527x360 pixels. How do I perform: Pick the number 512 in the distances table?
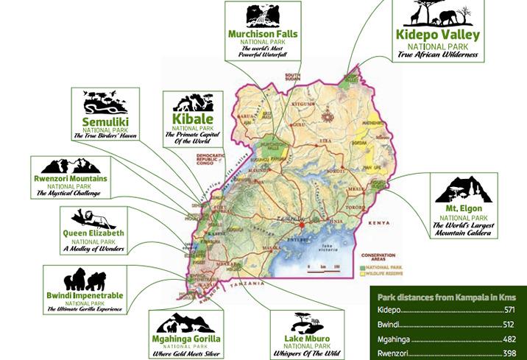click(509, 325)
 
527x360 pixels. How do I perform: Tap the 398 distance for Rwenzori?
click(509, 353)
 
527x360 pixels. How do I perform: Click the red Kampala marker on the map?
click(301, 220)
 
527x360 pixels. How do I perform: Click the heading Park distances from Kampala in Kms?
click(447, 297)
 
